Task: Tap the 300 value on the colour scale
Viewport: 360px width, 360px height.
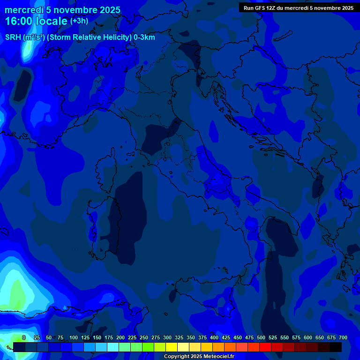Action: pyautogui.click(x=167, y=337)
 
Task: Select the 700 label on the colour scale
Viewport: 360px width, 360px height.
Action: pyautogui.click(x=343, y=337)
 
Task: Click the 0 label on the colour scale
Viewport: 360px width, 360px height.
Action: pyautogui.click(x=24, y=337)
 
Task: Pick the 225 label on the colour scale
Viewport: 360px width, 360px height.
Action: pyautogui.click(x=132, y=337)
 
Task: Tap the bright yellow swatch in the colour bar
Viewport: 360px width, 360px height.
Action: pyautogui.click(x=172, y=347)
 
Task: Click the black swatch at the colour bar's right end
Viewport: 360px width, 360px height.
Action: pyautogui.click(x=336, y=347)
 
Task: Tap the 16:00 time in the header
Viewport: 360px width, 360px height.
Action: pyautogui.click(x=20, y=21)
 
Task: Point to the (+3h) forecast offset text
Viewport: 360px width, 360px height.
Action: pyautogui.click(x=79, y=21)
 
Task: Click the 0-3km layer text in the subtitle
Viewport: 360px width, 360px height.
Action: pyautogui.click(x=144, y=37)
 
